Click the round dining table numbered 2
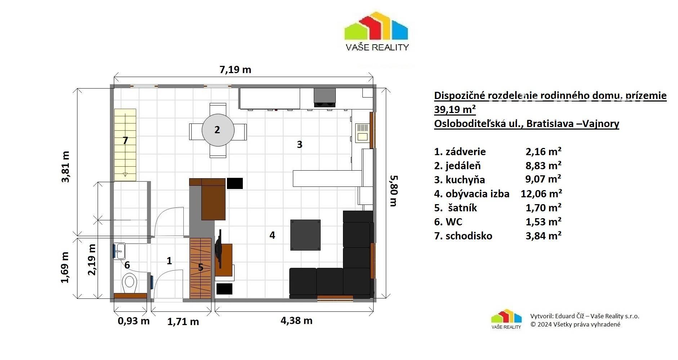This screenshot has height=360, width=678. [x=218, y=130]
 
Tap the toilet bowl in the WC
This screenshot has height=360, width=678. [x=129, y=283]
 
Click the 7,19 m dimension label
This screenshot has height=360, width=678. [x=235, y=70]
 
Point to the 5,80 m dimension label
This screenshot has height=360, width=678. [x=393, y=191]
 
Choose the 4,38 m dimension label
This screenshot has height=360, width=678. [x=296, y=320]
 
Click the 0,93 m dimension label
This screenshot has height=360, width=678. [x=134, y=320]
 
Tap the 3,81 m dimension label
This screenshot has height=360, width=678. [x=66, y=167]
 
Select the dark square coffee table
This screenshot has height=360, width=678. [x=305, y=235]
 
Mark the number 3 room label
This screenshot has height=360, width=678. [x=299, y=144]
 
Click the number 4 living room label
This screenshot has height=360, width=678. [x=272, y=235]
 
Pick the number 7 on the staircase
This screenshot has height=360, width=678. [x=125, y=140]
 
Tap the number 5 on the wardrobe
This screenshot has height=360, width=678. [x=201, y=267]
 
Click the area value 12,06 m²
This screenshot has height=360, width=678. [x=541, y=194]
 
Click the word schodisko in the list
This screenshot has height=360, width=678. [x=469, y=236]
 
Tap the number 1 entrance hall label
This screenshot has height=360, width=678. [x=169, y=261]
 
